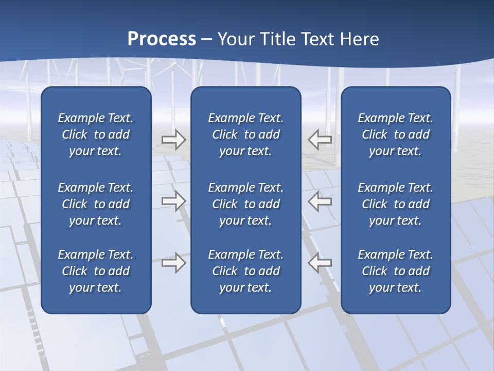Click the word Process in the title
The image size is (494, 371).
coord(162,39)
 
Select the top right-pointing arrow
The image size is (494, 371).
coord(173,139)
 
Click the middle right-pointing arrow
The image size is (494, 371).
coord(173,201)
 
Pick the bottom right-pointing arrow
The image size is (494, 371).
coord(173,263)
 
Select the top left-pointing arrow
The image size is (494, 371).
coord(320,139)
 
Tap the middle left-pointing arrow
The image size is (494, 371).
coord(320,201)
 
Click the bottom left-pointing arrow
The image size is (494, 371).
coord(320,263)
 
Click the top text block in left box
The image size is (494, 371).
coord(96,134)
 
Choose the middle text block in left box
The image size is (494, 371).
coord(96,204)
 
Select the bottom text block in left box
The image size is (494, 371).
coord(96,271)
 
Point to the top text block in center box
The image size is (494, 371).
coord(245,134)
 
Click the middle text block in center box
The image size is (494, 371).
coord(245,204)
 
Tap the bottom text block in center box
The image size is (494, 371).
coord(245,271)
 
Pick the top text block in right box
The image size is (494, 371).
coord(395,134)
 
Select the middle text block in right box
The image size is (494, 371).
coord(395,204)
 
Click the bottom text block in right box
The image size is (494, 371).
coord(395,271)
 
